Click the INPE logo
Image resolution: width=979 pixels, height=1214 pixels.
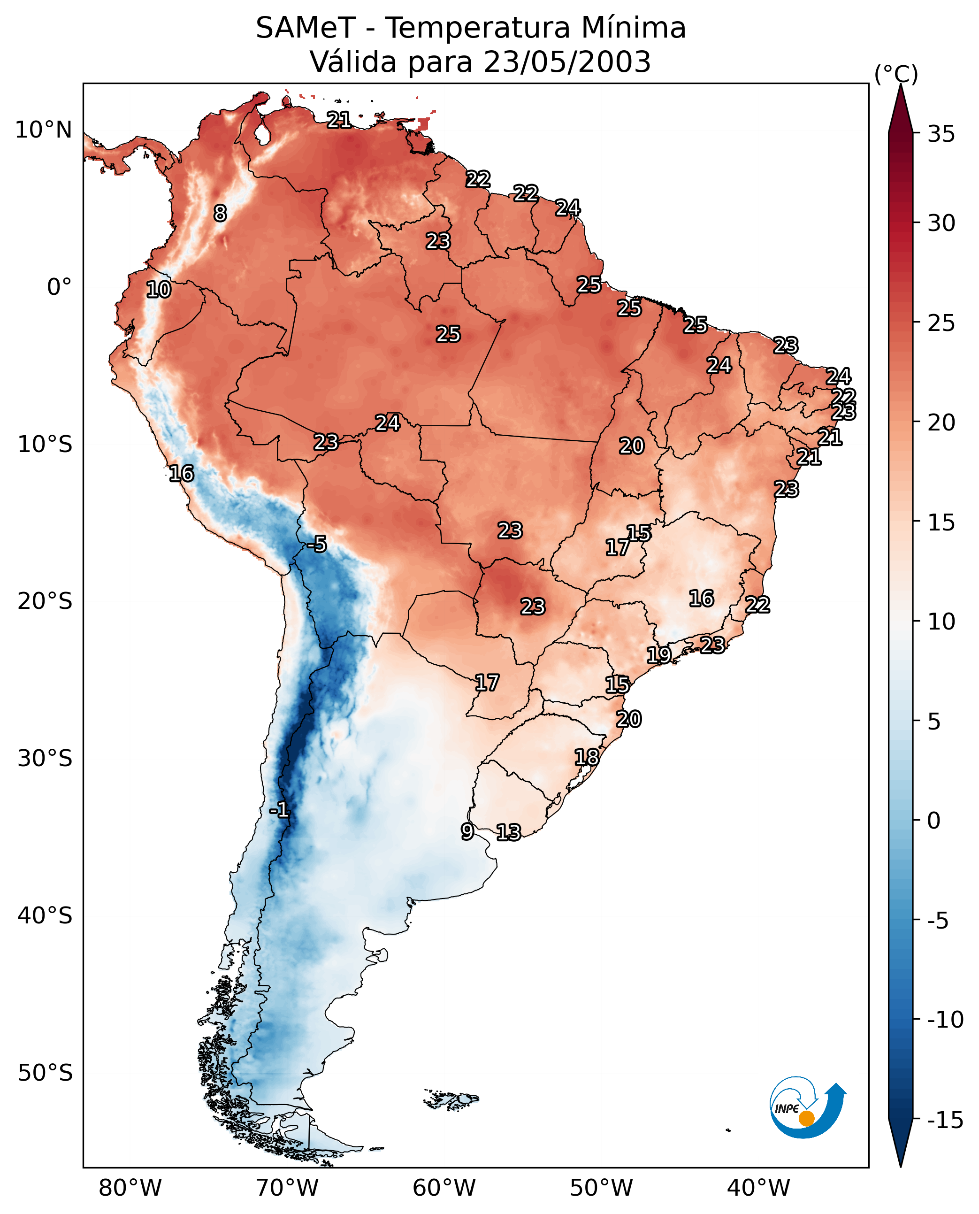807,1107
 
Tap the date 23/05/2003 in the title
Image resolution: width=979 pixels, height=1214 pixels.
567,61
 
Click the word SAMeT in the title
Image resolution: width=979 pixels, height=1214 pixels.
306,28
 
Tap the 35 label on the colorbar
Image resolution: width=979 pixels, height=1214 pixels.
941,134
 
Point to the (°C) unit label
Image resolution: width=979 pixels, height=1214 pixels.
896,74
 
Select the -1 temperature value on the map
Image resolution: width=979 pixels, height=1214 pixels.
279,811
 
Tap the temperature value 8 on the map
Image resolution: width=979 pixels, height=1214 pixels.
220,213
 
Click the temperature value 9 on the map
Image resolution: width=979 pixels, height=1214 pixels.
467,831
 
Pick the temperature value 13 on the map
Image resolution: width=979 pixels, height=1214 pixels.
508,832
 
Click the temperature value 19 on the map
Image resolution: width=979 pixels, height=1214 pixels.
658,655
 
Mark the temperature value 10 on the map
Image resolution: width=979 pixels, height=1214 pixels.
159,289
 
